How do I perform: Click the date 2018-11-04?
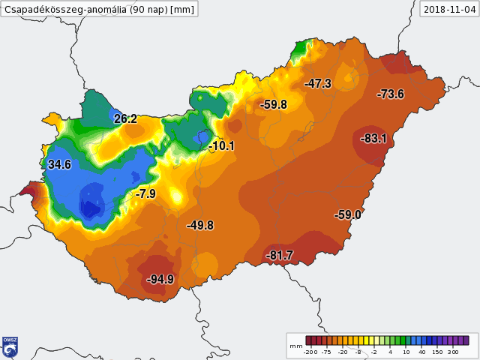(x=448, y=9)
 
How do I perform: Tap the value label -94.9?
(x=160, y=280)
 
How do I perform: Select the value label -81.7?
(x=280, y=256)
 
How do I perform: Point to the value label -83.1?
(x=373, y=139)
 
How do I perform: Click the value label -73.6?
(x=391, y=94)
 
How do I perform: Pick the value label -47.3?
(x=318, y=84)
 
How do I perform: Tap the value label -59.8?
(x=274, y=105)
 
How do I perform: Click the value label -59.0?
(x=348, y=215)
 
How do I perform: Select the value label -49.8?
(x=200, y=226)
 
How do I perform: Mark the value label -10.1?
(x=221, y=146)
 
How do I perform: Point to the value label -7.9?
(x=145, y=194)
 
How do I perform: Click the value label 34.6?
(x=59, y=164)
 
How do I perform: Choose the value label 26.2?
(x=125, y=119)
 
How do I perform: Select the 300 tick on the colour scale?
(x=453, y=351)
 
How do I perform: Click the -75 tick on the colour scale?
(x=327, y=351)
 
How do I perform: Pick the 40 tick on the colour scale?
(x=421, y=351)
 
